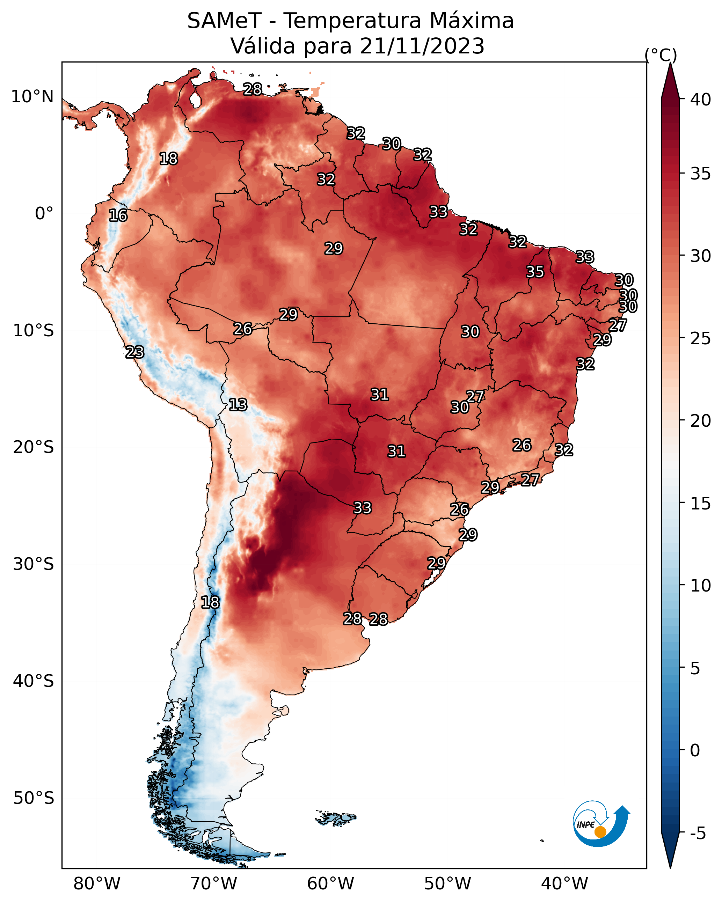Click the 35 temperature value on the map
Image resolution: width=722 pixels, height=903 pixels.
(x=535, y=272)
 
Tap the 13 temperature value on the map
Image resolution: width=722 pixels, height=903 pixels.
(x=238, y=405)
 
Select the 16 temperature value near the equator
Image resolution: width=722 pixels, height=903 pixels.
(x=118, y=215)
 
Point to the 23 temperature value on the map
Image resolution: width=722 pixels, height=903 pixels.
(x=134, y=352)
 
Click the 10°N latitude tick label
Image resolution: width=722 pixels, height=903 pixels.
(x=32, y=97)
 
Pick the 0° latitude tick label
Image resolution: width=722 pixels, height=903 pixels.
(x=44, y=214)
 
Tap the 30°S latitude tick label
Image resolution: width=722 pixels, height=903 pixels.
(x=34, y=564)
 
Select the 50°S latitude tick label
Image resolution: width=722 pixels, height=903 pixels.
(x=34, y=798)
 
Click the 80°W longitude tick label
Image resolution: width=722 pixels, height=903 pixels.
(x=97, y=884)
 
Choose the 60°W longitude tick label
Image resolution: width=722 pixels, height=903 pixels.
(x=331, y=884)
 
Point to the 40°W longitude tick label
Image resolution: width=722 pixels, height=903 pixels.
(x=564, y=884)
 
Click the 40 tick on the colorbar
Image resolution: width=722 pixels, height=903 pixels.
(x=701, y=100)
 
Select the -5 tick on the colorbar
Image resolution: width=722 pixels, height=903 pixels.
(x=698, y=833)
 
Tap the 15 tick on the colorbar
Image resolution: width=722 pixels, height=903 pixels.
(x=701, y=504)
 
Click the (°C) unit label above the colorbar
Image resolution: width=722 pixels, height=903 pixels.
(x=661, y=55)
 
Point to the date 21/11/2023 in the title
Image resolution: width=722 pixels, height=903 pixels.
(x=422, y=46)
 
